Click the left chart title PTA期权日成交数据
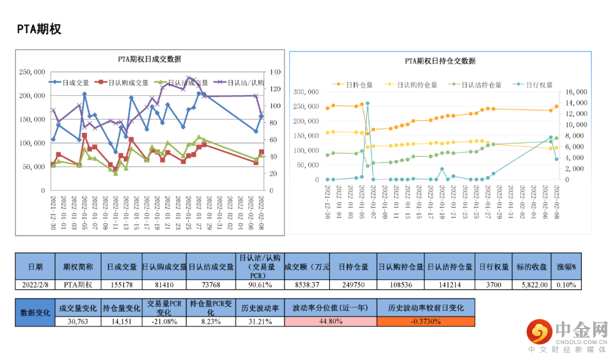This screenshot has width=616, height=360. pos(149,59)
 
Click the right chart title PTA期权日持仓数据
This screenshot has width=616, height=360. pos(440,61)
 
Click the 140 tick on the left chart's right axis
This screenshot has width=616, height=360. pos(275,72)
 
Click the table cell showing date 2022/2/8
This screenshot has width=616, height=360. pos(35,284)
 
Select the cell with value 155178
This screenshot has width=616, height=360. pos(121,284)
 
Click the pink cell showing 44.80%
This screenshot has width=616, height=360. pos(330,321)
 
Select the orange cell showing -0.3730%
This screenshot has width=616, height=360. pos(425,321)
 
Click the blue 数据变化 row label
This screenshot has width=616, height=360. pos(35,313)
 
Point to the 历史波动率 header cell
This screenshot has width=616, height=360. pos(260,307)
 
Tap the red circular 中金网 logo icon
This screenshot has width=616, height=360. pos(538,331)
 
